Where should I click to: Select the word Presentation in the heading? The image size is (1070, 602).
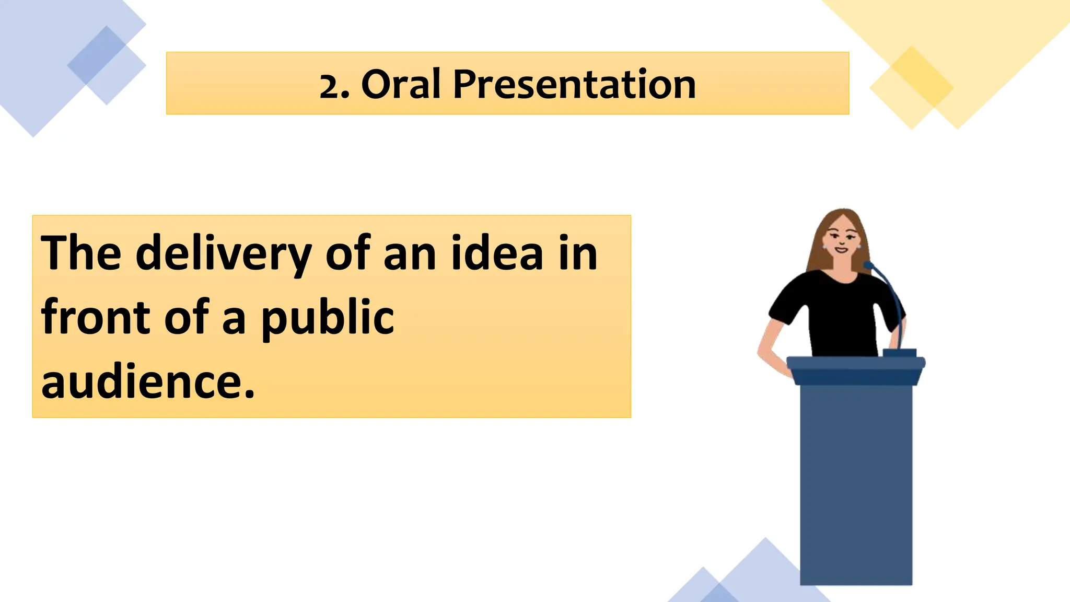click(x=574, y=84)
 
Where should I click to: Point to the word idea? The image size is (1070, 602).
click(x=497, y=253)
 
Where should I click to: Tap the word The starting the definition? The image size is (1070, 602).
click(x=81, y=253)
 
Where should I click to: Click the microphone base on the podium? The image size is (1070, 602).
click(x=899, y=353)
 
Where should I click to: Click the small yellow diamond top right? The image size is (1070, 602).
click(x=912, y=87)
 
